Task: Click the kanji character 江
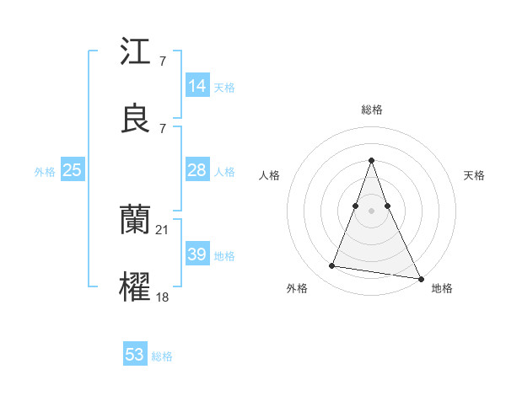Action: pyautogui.click(x=136, y=54)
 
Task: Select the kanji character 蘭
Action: pyautogui.click(x=136, y=221)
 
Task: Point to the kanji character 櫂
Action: pyautogui.click(x=136, y=286)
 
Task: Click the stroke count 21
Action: pyautogui.click(x=163, y=229)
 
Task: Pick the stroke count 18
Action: pyautogui.click(x=163, y=296)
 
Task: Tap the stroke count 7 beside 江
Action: pyautogui.click(x=162, y=62)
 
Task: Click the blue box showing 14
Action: pyautogui.click(x=197, y=86)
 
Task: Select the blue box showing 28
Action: pyautogui.click(x=197, y=170)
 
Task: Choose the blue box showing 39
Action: pyautogui.click(x=197, y=254)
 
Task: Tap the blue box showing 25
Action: pyautogui.click(x=73, y=170)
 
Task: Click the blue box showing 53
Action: pyautogui.click(x=135, y=355)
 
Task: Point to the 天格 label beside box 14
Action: pyautogui.click(x=224, y=88)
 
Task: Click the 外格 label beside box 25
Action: pyautogui.click(x=45, y=172)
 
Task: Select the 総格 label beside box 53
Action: pyautogui.click(x=162, y=356)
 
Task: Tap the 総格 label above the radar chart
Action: pyautogui.click(x=371, y=110)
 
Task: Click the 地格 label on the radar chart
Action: pyautogui.click(x=442, y=289)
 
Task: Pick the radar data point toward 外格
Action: pyautogui.click(x=331, y=266)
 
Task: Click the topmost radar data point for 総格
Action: pyautogui.click(x=371, y=160)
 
